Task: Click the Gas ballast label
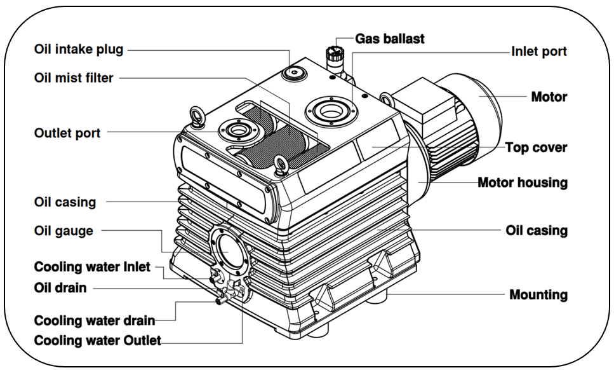[390, 39]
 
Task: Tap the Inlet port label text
[539, 51]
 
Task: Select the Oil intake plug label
[79, 49]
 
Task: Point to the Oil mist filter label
[74, 78]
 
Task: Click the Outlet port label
[67, 133]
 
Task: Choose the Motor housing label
[522, 182]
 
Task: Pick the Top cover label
[536, 147]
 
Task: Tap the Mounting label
[538, 294]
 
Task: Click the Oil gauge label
[63, 231]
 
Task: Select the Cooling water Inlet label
[92, 266]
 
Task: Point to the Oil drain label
[60, 287]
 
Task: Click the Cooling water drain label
[95, 320]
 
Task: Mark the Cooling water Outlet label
[97, 340]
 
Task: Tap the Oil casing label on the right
[537, 230]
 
